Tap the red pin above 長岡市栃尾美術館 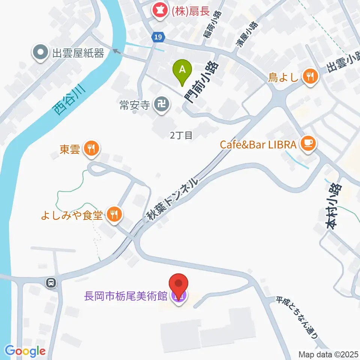coord(179,284)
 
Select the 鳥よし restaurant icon coord(310,77)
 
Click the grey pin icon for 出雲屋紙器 coord(40,53)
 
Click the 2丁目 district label coord(181,135)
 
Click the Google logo coord(25,351)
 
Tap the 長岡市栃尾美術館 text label coord(125,296)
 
